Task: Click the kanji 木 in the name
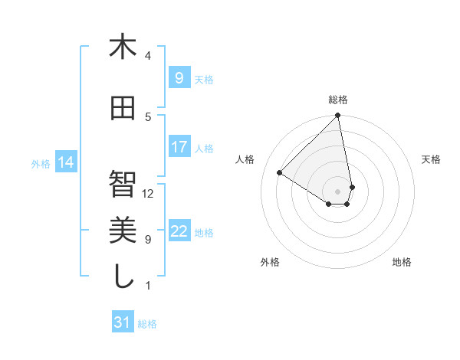pos(123,47)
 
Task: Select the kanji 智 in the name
pos(123,183)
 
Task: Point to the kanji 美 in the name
pos(123,230)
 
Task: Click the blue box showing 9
pos(179,77)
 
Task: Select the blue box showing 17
pos(179,147)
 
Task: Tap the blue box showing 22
pos(179,231)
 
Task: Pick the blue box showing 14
pos(66,162)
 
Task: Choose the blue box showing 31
pos(123,322)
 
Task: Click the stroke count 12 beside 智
pos(148,194)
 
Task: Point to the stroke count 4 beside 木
pos(148,56)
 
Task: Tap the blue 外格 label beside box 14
pos(41,163)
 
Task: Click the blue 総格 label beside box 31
pos(147,324)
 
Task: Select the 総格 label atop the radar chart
pos(338,100)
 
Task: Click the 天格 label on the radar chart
pos(431,159)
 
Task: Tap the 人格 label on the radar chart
pos(245,159)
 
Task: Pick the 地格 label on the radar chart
pos(402,262)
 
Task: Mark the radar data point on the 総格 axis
pos(338,116)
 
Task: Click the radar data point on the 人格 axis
pos(280,173)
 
